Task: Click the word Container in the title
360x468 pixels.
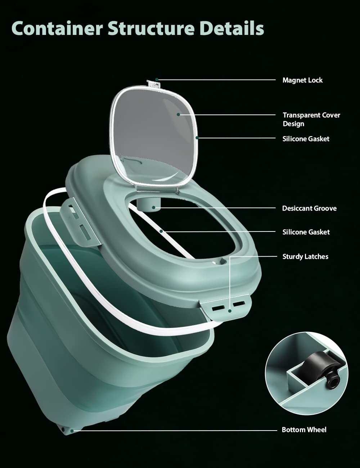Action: (x=57, y=28)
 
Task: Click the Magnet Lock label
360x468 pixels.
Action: (x=302, y=80)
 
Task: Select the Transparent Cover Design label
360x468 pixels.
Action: (x=311, y=119)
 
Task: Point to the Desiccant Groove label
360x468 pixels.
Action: (x=309, y=208)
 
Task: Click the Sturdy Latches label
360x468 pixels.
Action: (x=305, y=257)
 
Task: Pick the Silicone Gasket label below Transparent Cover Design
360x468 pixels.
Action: (x=306, y=139)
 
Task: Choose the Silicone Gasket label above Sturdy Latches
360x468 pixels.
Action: (x=306, y=232)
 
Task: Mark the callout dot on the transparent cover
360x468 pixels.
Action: (x=178, y=114)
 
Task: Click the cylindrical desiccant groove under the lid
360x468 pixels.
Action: (x=149, y=205)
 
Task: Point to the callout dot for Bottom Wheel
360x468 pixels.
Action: (x=72, y=431)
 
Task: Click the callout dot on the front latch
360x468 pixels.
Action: (x=230, y=311)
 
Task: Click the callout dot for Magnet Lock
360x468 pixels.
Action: (x=157, y=80)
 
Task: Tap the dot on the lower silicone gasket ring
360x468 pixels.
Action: (x=161, y=231)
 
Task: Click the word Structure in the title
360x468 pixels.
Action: (x=151, y=28)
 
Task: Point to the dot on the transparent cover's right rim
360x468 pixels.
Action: (x=197, y=138)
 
